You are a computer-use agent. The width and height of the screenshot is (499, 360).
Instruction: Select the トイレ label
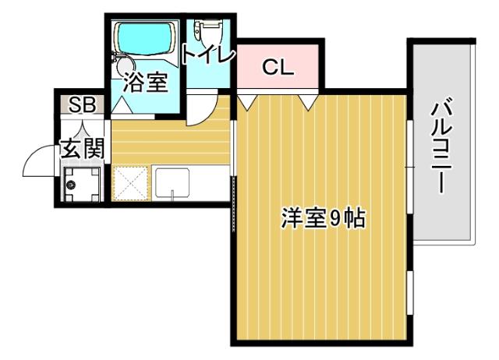(x=207, y=55)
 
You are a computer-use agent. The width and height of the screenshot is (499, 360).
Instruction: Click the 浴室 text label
(x=146, y=82)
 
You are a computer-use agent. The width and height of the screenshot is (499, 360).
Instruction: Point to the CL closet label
(x=278, y=67)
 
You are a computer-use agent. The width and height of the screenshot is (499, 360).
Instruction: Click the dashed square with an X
(x=130, y=183)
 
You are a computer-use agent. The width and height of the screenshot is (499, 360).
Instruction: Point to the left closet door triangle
(x=248, y=101)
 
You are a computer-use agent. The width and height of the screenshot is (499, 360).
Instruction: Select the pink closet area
(x=279, y=67)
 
